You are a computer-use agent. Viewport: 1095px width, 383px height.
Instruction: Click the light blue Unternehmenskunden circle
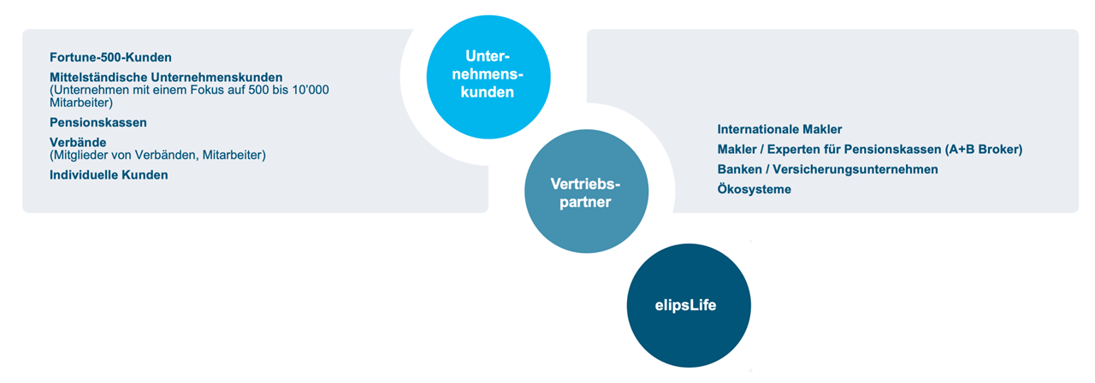488,77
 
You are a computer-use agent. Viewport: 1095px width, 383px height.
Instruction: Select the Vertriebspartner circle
587,191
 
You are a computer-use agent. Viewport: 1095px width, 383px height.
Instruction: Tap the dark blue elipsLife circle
689,305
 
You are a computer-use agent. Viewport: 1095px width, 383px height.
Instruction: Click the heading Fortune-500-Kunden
110,57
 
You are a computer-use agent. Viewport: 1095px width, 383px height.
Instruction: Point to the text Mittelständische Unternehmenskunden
166,77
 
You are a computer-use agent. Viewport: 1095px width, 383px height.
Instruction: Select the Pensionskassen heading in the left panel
98,122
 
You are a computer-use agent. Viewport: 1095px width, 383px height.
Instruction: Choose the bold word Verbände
78,142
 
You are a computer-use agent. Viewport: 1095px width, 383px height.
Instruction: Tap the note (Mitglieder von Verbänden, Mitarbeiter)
157,156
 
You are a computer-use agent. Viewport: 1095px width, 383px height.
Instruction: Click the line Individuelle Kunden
109,175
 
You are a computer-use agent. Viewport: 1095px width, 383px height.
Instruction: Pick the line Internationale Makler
779,129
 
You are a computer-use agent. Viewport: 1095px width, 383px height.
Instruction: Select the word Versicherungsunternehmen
855,169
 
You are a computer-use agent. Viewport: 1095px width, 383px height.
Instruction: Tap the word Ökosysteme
755,189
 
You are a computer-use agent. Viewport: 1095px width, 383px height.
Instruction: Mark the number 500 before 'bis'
258,90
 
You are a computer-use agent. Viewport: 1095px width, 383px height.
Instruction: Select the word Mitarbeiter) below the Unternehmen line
81,103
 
